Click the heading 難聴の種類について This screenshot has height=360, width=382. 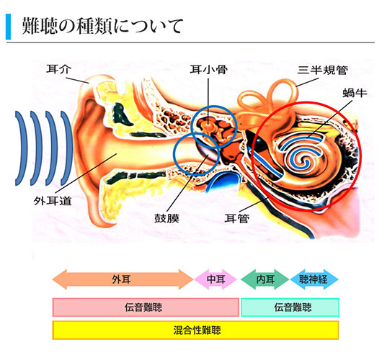(x=102, y=27)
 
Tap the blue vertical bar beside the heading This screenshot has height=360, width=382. (x=8, y=27)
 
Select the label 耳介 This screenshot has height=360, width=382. (x=58, y=69)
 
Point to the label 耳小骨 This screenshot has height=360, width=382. (x=209, y=70)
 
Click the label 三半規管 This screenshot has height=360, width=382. (x=323, y=71)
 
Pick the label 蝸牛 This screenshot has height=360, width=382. (x=355, y=92)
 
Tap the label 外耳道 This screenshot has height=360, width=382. (x=53, y=201)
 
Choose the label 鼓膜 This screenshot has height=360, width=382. (x=167, y=218)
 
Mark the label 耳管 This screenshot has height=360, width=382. (x=237, y=218)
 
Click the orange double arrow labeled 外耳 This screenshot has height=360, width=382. (x=123, y=279)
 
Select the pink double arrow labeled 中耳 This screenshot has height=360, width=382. (x=216, y=279)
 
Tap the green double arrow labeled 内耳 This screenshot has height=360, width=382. (x=265, y=279)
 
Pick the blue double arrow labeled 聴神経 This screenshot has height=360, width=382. (x=314, y=279)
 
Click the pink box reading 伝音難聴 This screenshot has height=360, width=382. (x=146, y=307)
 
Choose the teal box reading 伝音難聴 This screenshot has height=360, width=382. (x=290, y=307)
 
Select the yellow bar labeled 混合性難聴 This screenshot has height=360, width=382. (x=195, y=330)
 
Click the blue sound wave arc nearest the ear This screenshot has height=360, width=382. (x=68, y=148)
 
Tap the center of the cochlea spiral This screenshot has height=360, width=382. (x=305, y=160)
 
